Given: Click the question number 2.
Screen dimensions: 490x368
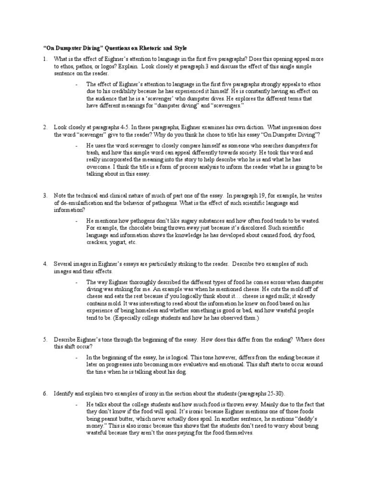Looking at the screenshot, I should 45,128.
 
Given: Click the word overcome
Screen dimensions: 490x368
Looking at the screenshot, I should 98,167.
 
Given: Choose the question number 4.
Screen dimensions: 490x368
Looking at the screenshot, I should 45,264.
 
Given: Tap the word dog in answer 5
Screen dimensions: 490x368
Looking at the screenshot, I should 184,372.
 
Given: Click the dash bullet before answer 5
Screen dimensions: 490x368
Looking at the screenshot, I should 77,357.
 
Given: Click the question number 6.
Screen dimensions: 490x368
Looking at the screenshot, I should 45,393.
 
